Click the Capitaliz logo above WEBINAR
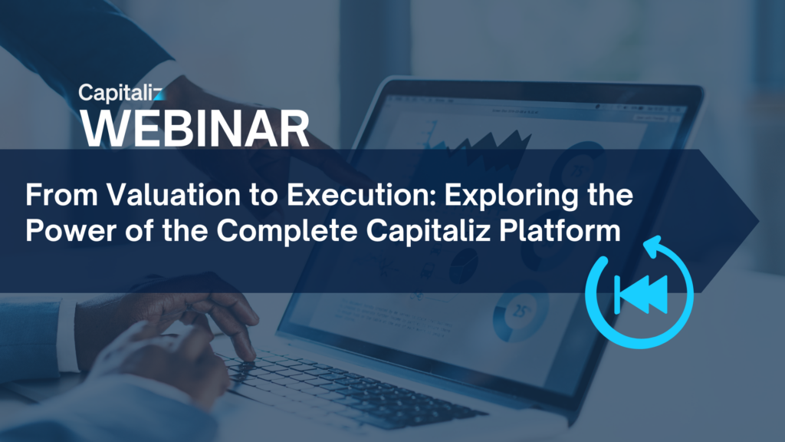(x=120, y=93)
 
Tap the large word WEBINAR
(x=195, y=129)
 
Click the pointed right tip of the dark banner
(x=758, y=220)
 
